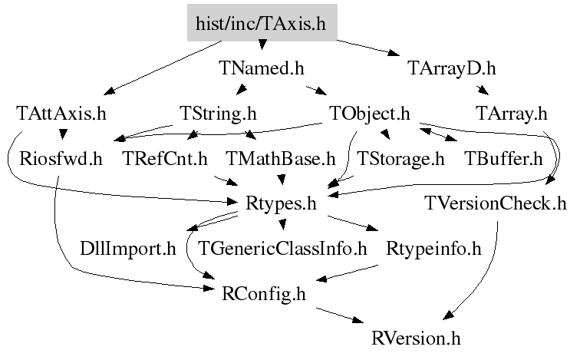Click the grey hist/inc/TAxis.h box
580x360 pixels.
(262, 24)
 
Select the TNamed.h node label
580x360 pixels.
(262, 69)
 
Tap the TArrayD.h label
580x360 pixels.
(451, 69)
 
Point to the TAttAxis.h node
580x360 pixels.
(61, 114)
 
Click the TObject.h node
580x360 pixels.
(371, 114)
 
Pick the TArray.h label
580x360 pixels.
(511, 114)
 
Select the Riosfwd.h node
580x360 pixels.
(61, 160)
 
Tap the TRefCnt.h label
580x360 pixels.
(166, 160)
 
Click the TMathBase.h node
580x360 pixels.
(282, 160)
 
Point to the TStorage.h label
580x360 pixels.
(401, 160)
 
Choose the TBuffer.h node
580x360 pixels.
(503, 160)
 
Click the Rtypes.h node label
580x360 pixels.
(282, 204)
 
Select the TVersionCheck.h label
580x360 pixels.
(496, 204)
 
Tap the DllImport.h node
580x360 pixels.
(128, 249)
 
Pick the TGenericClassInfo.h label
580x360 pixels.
(283, 249)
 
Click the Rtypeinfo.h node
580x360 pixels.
(433, 249)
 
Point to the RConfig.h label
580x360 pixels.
(263, 293)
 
